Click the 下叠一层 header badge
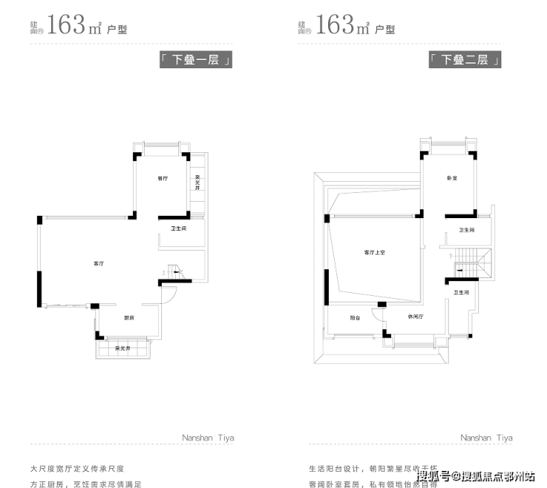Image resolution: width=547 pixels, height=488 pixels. pos(196,61)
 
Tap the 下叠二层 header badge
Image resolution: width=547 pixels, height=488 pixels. pos(465,61)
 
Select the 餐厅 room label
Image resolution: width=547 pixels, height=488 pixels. pos(163,178)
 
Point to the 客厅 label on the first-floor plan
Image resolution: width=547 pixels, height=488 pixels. pos(98,263)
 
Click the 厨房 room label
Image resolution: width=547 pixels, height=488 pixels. pos(129,318)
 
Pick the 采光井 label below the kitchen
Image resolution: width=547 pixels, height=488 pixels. pos(123,348)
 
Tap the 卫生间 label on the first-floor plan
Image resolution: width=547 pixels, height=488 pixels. pos(178,229)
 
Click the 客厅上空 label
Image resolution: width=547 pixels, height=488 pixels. pos(375,252)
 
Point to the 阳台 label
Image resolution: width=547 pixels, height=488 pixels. pos(355,317)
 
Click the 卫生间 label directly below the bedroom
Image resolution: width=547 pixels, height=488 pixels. pos(466,231)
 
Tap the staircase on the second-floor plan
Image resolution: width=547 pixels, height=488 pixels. pos(467,263)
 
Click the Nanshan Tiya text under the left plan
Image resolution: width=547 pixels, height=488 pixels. pos(208,438)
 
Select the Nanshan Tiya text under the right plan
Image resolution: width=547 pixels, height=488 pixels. pos(486,438)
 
